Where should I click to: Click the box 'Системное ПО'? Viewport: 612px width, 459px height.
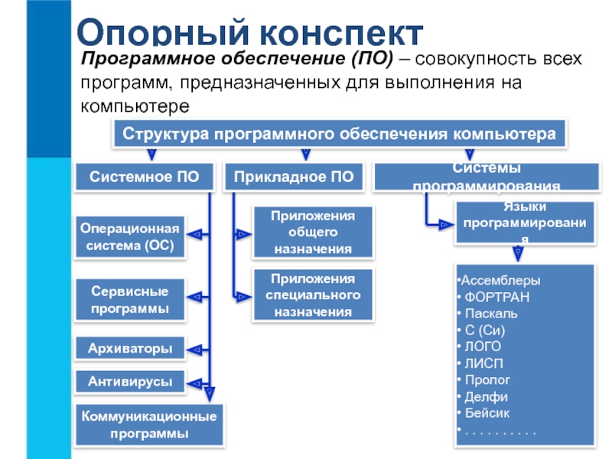(x=144, y=177)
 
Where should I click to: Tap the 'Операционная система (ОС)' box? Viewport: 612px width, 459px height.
(x=130, y=237)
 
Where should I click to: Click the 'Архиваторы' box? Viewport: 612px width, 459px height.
(x=130, y=349)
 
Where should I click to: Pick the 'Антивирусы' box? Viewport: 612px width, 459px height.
(x=130, y=381)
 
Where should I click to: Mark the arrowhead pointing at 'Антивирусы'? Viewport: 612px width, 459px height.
(x=197, y=381)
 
